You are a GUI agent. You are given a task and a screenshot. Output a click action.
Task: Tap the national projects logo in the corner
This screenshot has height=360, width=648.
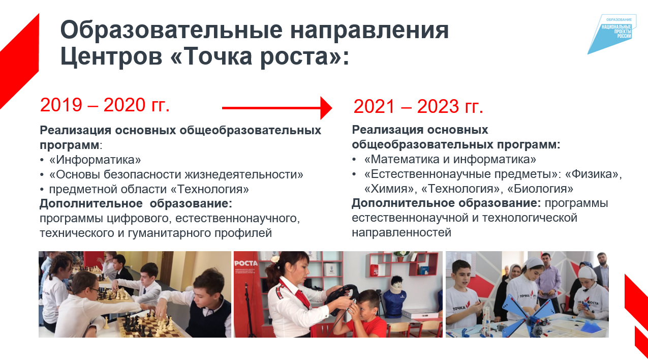(x=611, y=34)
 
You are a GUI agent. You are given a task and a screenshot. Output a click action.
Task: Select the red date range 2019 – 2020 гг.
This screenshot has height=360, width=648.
(x=105, y=105)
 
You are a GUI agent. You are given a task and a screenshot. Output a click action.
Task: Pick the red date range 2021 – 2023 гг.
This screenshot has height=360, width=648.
(x=418, y=106)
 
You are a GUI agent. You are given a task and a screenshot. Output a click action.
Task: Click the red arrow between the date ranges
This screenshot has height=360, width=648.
(x=277, y=108)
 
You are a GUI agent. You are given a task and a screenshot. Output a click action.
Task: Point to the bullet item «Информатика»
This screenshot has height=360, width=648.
(x=95, y=160)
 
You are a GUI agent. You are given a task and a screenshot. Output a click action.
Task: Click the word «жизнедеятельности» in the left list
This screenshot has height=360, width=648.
(x=244, y=174)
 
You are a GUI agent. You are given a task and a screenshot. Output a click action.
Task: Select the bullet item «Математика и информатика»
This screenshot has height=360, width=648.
(x=450, y=159)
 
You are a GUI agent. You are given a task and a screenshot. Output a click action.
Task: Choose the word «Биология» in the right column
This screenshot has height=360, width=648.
(x=540, y=189)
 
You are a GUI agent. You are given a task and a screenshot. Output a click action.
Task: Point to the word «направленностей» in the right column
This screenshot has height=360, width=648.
(x=402, y=233)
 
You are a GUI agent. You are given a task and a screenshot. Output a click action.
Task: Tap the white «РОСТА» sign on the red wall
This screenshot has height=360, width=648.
(x=245, y=263)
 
